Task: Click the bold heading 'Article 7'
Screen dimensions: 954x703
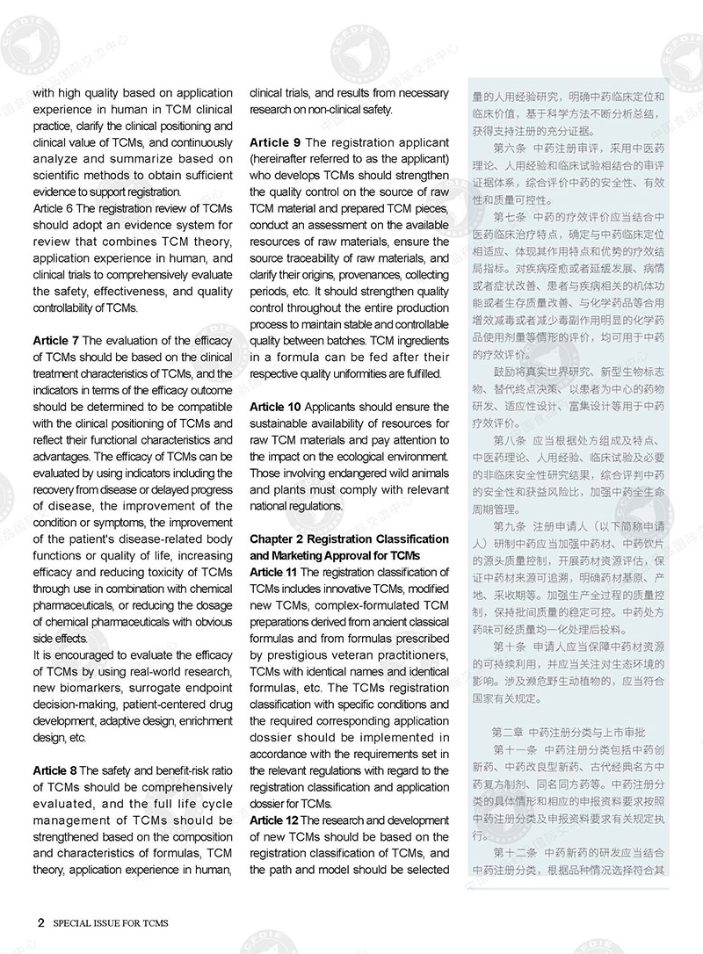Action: coord(56,340)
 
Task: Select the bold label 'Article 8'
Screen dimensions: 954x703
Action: coord(56,770)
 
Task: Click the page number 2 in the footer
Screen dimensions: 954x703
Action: coord(40,923)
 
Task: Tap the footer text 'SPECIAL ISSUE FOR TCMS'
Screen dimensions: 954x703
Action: coord(111,924)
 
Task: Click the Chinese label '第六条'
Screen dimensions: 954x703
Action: coord(511,147)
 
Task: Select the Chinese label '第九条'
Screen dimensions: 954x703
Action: coord(511,526)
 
